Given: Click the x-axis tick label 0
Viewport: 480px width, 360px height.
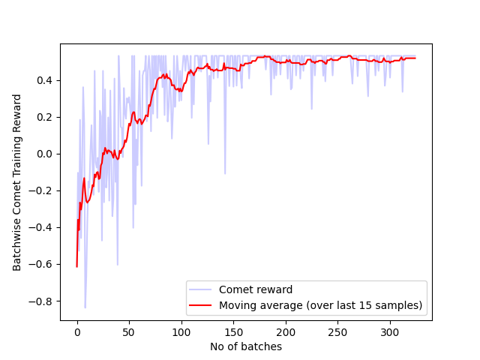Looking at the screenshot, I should pyautogui.click(x=77, y=332).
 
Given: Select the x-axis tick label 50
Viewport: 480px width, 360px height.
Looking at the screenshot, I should pyautogui.click(x=129, y=332).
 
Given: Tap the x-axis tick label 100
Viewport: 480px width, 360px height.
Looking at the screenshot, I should pyautogui.click(x=181, y=332).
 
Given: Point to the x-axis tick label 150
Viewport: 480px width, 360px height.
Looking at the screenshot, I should pyautogui.click(x=233, y=332).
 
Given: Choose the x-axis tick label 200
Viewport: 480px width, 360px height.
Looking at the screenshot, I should pyautogui.click(x=286, y=332).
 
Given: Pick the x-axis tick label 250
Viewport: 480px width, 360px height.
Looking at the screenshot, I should pyautogui.click(x=337, y=332).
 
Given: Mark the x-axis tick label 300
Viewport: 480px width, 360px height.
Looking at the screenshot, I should pyautogui.click(x=390, y=332).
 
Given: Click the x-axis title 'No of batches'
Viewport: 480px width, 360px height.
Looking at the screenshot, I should pyautogui.click(x=246, y=346).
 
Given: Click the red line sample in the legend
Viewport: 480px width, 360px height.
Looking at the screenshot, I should pyautogui.click(x=201, y=305).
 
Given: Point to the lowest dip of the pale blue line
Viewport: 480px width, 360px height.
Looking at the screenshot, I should pyautogui.click(x=85, y=307).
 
